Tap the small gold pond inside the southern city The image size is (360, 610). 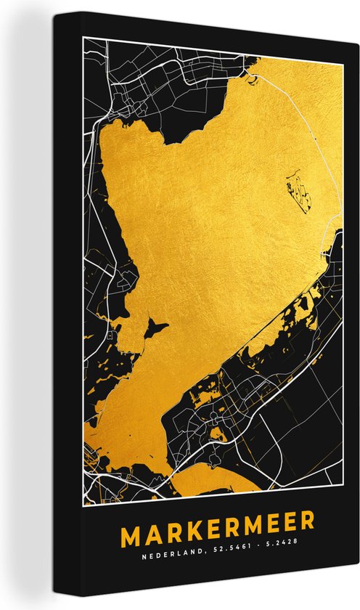tap(216, 434)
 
